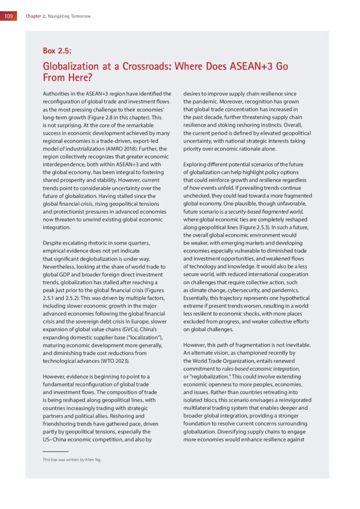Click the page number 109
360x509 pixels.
coord(8,16)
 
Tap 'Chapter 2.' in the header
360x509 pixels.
coord(36,16)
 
